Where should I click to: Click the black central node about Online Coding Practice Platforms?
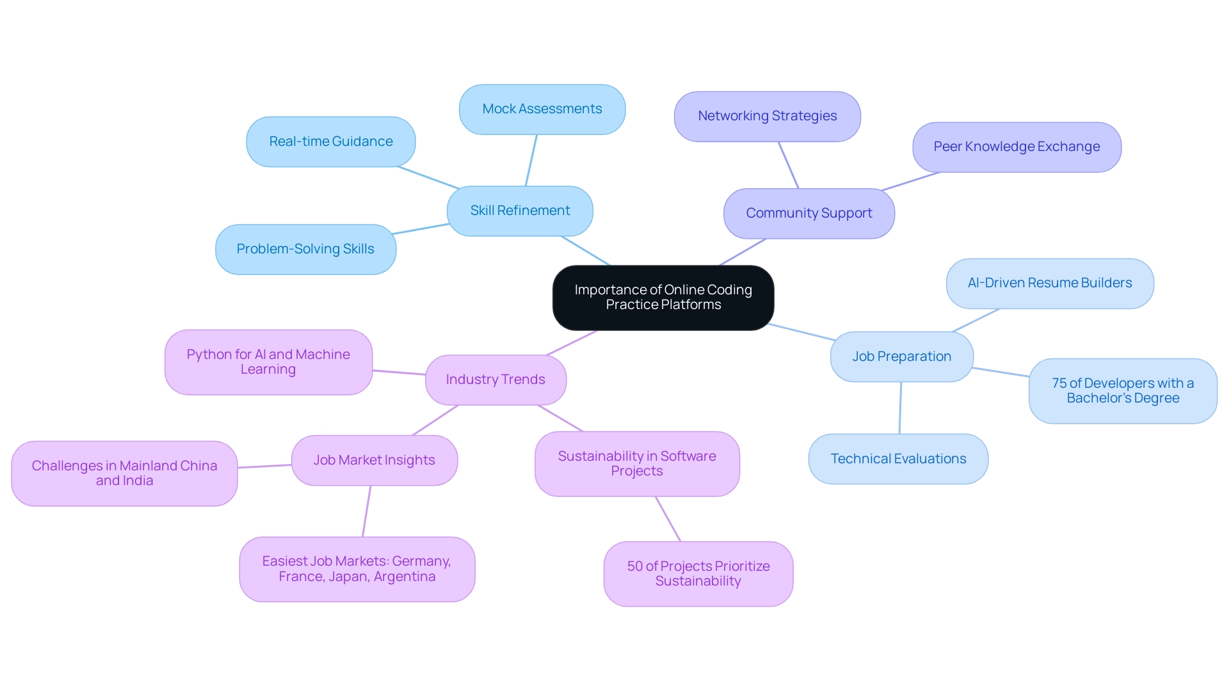663,298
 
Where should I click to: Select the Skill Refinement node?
520,211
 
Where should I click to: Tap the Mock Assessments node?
542,109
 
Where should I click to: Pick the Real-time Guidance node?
331,141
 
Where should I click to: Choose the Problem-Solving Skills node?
305,249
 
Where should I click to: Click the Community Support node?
809,213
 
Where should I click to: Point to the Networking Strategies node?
767,116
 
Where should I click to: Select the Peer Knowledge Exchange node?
1016,147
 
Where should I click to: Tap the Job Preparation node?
901,356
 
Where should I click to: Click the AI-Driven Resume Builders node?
1050,283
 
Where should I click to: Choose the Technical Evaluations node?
898,459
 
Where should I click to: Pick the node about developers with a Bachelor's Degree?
1123,391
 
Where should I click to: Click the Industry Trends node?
495,379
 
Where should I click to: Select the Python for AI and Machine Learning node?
268,362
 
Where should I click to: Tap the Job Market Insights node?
374,460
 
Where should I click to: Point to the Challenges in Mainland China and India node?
124,474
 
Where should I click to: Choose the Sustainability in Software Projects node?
637,464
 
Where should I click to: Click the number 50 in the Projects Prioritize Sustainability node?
635,566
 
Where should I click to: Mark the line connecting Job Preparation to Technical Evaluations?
900,408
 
